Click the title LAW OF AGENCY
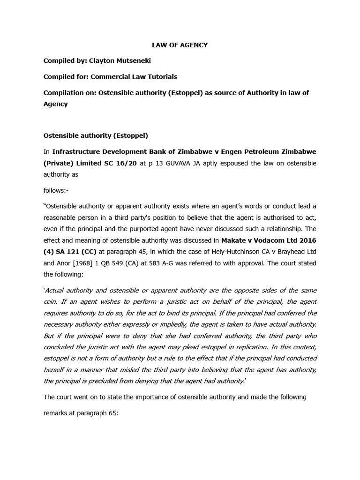(180, 45)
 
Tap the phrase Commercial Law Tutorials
(134, 76)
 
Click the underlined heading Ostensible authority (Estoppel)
(96, 136)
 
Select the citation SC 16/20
(126, 163)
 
